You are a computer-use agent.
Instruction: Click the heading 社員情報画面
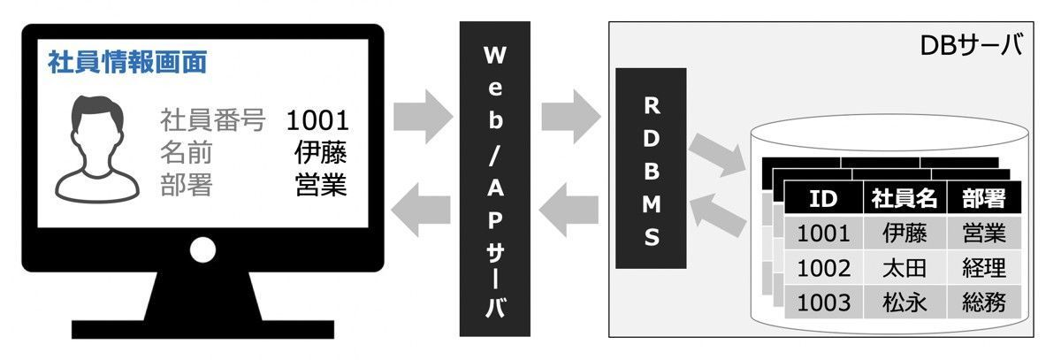click(127, 63)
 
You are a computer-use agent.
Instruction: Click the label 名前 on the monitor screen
click(187, 152)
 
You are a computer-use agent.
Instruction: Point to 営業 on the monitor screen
click(320, 185)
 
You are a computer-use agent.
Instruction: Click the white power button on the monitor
click(202, 250)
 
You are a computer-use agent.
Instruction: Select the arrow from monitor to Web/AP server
click(423, 115)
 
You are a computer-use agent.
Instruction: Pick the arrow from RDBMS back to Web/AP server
click(569, 212)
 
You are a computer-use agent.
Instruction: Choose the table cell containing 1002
click(823, 267)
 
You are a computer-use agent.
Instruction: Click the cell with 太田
click(904, 267)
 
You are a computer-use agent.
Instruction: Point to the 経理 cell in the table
click(983, 267)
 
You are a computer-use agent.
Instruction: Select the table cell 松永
click(904, 302)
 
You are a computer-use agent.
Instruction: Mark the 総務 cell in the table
click(983, 302)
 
